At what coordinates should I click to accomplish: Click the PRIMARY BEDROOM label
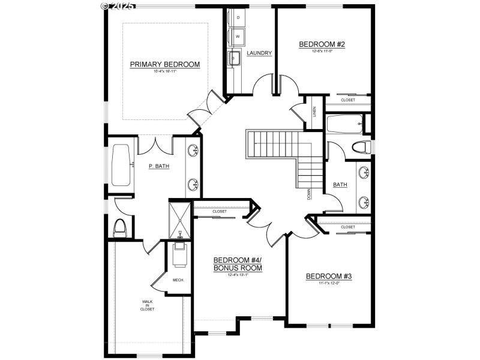click(x=164, y=64)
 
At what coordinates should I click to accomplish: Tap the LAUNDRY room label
click(x=259, y=53)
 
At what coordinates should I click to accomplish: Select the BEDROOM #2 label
click(x=321, y=44)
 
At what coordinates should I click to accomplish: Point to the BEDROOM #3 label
click(x=328, y=277)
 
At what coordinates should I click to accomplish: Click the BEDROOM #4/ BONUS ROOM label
click(x=238, y=264)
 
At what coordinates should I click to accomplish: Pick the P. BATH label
click(x=158, y=166)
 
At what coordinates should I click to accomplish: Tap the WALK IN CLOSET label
click(x=148, y=305)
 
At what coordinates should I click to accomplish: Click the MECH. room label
click(x=178, y=280)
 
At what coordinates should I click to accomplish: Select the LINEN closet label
click(x=315, y=112)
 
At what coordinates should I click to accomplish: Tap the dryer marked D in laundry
click(x=238, y=17)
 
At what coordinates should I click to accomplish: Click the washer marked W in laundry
click(x=238, y=37)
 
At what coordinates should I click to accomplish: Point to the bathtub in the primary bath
click(x=122, y=166)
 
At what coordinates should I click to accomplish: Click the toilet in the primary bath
click(x=120, y=227)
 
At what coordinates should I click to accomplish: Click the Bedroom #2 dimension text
click(x=321, y=51)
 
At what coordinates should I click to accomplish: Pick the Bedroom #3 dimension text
click(x=328, y=283)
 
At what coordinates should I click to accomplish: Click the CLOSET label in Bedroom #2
click(x=348, y=100)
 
